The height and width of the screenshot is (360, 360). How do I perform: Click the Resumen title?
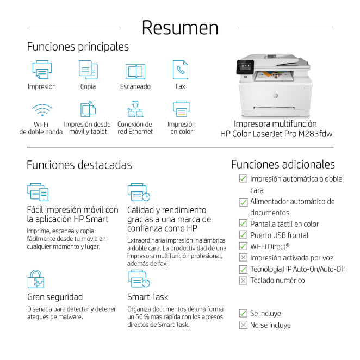tap(180, 28)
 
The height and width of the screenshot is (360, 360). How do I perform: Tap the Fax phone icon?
tap(181, 70)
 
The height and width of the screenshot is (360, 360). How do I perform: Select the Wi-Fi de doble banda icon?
tap(42, 110)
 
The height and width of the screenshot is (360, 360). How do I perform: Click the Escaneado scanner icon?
tap(135, 71)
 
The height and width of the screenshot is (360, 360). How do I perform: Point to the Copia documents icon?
tap(88, 70)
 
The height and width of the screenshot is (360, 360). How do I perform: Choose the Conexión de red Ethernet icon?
tap(135, 109)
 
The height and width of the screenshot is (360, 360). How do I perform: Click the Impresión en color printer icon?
tap(182, 109)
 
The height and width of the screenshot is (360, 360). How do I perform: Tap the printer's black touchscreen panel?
tap(245, 66)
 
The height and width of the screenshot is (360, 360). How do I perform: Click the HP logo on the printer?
tap(276, 96)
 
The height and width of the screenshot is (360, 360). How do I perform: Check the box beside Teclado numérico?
tap(243, 281)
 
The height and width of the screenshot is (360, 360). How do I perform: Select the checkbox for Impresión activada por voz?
tap(243, 258)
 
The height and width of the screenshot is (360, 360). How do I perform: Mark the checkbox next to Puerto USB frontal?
tap(243, 234)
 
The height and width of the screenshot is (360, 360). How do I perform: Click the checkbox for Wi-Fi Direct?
tap(243, 246)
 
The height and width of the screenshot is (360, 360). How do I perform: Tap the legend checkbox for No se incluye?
tap(243, 325)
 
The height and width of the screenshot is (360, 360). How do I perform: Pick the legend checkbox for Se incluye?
tap(243, 313)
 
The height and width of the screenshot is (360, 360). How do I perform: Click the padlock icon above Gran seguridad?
tap(36, 279)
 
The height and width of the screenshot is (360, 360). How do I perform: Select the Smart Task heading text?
tap(147, 297)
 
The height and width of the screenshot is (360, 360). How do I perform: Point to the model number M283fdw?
tap(315, 134)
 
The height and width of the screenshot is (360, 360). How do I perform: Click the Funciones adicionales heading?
tap(283, 164)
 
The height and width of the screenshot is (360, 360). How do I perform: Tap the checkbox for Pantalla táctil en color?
tap(243, 224)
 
